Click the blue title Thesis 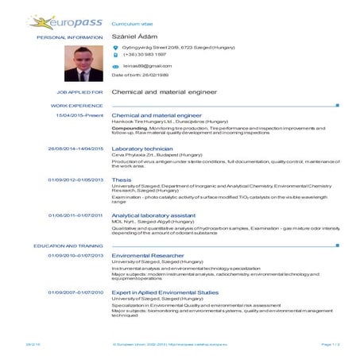(122, 180)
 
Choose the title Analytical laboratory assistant (154, 215)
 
